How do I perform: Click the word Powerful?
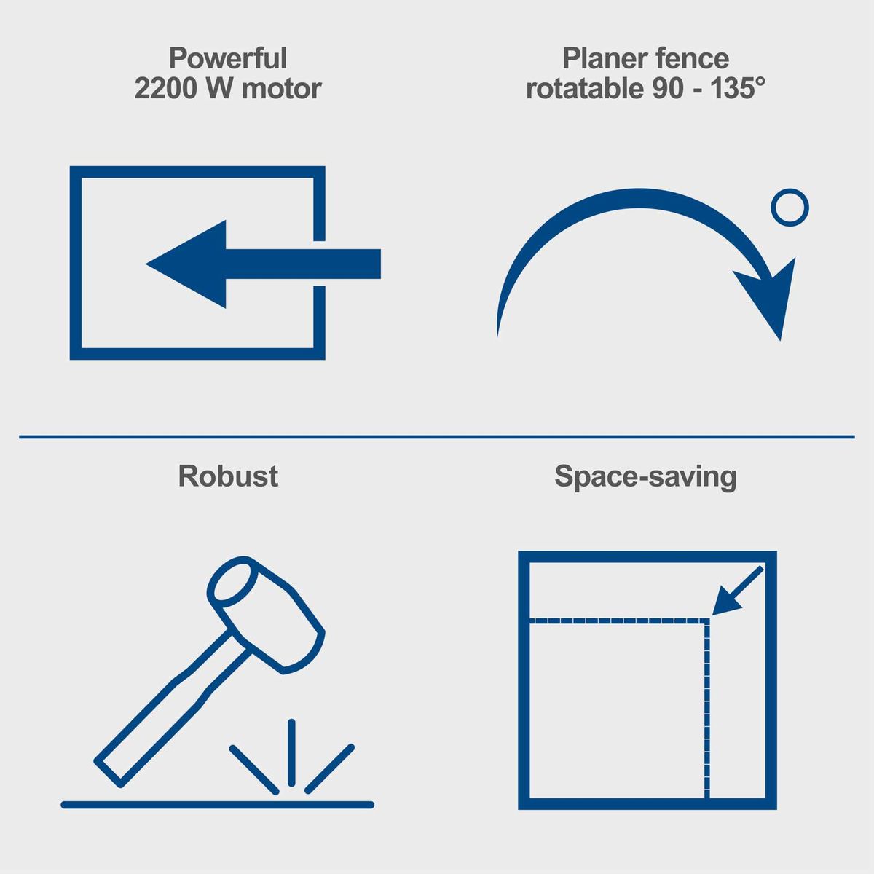point(228,58)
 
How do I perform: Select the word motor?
point(281,89)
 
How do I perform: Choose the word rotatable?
point(585,88)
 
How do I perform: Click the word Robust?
point(228,476)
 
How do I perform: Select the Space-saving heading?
point(645,477)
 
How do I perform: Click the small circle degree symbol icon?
point(790,208)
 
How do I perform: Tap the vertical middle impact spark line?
point(291,752)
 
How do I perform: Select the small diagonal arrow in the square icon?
point(738,591)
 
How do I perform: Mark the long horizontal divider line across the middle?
point(437,437)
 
